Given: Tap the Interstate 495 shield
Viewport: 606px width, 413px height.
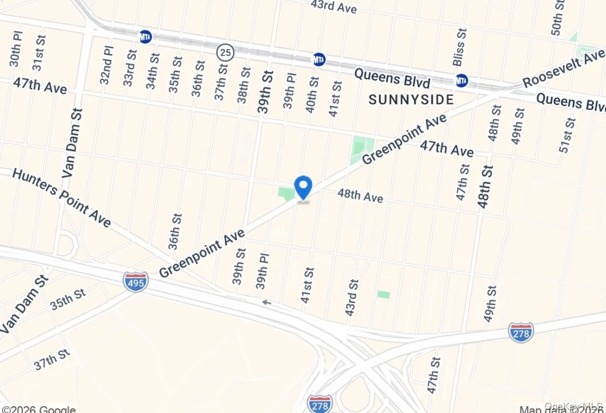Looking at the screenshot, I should [135, 282].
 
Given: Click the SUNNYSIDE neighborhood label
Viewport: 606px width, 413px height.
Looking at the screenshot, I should [411, 100].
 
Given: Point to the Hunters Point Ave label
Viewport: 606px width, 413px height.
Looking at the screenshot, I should [61, 197].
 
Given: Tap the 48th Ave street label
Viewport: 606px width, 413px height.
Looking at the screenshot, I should [360, 196].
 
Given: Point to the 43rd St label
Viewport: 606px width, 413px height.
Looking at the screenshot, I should [352, 297].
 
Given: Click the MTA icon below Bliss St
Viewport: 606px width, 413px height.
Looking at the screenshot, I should [462, 80].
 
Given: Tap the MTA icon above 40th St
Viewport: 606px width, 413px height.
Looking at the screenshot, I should [319, 59].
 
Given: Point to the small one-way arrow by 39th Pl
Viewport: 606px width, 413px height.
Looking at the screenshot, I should [266, 302].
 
